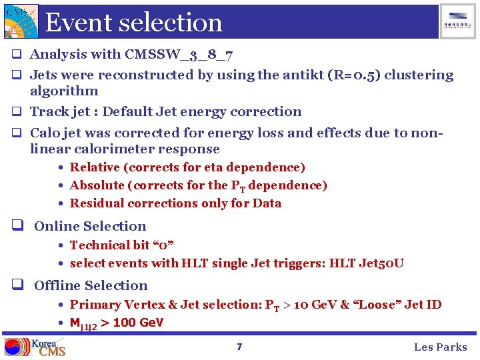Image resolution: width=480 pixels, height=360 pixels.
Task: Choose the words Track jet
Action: (x=61, y=112)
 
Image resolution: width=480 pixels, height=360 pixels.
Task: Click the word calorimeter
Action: (x=121, y=149)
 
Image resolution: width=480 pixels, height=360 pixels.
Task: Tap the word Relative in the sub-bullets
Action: (x=95, y=167)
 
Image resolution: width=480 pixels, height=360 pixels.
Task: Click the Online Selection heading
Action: (x=90, y=227)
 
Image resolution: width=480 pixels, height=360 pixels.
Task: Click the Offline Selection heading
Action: (x=91, y=286)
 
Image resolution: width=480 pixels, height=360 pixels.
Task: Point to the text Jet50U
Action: (x=381, y=263)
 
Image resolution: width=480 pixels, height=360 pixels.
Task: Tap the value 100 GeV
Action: (x=137, y=323)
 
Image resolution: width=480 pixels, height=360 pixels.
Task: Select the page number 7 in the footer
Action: (x=239, y=347)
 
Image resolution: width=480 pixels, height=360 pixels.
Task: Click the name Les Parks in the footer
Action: (x=441, y=347)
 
